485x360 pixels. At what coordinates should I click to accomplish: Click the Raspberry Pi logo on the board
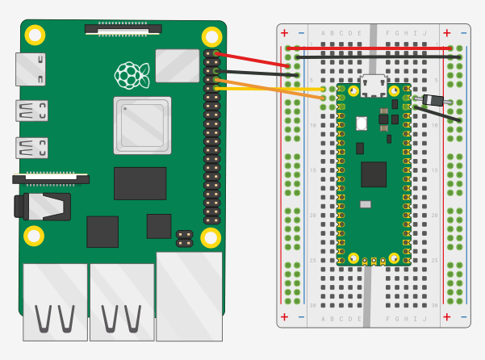point(130,74)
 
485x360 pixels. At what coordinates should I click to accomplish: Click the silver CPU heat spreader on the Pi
point(142,125)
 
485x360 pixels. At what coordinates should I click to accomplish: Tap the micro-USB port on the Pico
point(374,83)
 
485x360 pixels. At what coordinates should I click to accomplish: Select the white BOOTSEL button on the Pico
point(362,123)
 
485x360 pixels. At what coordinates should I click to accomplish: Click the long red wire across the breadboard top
point(371,48)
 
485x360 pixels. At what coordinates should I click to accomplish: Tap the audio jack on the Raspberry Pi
point(40,206)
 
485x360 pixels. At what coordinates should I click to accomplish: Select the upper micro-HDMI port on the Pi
point(31,111)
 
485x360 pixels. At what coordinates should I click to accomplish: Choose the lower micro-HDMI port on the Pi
point(31,148)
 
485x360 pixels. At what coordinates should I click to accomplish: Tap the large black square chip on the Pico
point(374,174)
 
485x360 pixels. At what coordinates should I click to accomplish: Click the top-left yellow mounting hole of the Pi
point(35,35)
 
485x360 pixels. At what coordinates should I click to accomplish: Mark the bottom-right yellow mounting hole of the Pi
point(211,237)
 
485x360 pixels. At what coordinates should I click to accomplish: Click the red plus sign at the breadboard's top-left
point(284,33)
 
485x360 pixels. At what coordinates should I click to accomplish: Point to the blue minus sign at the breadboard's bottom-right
point(463,317)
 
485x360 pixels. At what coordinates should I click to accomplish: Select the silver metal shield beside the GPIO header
point(177,65)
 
